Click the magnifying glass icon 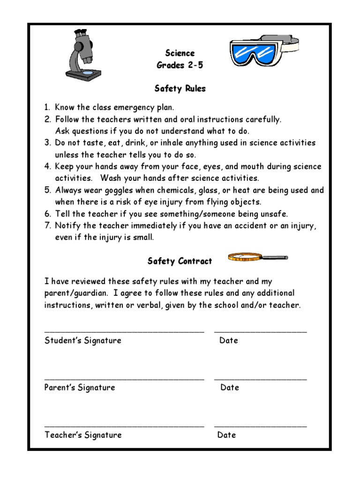257,257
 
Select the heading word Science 180,53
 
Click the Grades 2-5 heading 180,65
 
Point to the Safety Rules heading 180,88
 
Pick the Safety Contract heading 180,261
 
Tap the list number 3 47,143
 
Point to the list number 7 47,226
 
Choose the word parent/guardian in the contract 76,293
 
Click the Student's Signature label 83,340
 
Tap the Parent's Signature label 80,388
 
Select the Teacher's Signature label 83,435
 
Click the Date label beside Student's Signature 229,340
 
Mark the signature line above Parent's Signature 124,378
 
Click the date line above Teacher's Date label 261,426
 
